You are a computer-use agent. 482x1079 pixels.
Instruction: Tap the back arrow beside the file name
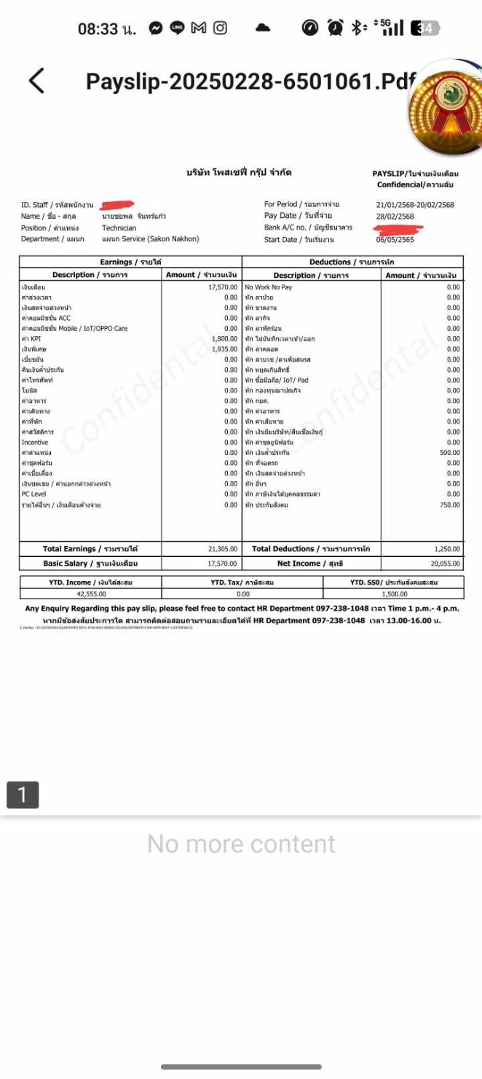pyautogui.click(x=36, y=81)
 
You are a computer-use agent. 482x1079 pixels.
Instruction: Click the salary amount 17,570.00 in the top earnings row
pyautogui.click(x=223, y=287)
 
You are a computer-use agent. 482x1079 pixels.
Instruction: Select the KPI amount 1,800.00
pyautogui.click(x=224, y=339)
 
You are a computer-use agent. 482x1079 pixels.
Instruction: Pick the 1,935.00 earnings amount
pyautogui.click(x=224, y=349)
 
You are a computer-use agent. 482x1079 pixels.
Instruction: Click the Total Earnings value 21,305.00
pyautogui.click(x=223, y=549)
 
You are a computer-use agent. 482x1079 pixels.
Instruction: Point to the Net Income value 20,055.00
pyautogui.click(x=444, y=564)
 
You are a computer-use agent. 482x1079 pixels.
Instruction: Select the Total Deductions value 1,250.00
pyautogui.click(x=446, y=549)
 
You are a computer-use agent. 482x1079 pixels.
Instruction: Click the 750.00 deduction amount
pyautogui.click(x=450, y=505)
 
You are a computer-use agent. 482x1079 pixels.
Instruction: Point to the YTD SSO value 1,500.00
pyautogui.click(x=395, y=594)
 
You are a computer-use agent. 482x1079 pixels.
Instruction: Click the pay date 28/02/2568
pyautogui.click(x=395, y=217)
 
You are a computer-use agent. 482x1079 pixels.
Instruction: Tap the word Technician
pyautogui.click(x=119, y=228)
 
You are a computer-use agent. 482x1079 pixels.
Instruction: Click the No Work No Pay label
pyautogui.click(x=269, y=287)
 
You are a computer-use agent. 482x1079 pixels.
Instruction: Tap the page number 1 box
pyautogui.click(x=23, y=795)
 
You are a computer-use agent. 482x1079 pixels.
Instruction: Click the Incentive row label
pyautogui.click(x=35, y=443)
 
